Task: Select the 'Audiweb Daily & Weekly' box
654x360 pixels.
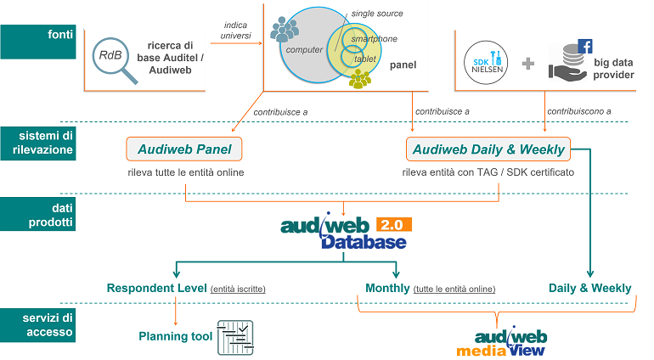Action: point(489,149)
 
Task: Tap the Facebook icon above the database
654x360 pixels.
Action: point(584,47)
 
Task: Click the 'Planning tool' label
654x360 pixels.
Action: point(176,336)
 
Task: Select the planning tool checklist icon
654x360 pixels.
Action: point(235,336)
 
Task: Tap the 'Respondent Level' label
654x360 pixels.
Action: point(157,288)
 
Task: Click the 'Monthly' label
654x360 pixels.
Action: point(387,288)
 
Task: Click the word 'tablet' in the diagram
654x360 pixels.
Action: point(365,59)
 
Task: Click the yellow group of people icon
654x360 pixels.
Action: point(360,80)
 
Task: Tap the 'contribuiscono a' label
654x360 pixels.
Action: point(578,111)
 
